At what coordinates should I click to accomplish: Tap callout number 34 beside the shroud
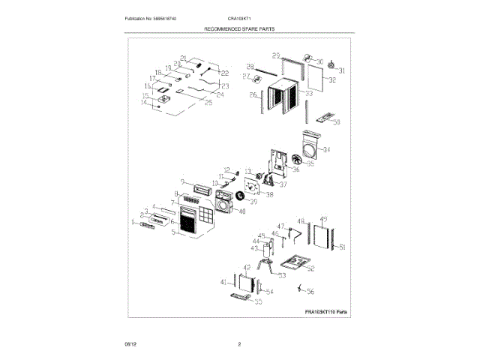326,150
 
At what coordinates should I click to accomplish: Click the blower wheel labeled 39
241,196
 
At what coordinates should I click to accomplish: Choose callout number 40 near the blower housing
240,211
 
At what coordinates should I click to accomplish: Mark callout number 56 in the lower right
310,291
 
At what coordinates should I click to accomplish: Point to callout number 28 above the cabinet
250,65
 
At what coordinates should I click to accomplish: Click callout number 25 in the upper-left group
208,103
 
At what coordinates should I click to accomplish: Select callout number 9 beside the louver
181,181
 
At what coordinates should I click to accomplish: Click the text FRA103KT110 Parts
326,312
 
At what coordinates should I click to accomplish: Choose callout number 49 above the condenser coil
323,219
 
